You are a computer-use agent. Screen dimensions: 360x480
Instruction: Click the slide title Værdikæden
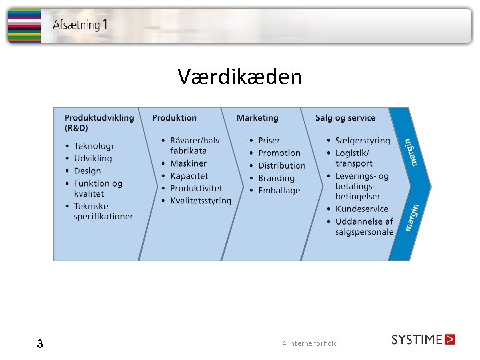pyautogui.click(x=239, y=77)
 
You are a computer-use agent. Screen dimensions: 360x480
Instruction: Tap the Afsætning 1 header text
pyautogui.click(x=80, y=26)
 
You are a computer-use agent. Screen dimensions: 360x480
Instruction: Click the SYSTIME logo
pyautogui.click(x=423, y=339)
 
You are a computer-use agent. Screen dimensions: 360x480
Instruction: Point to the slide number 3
pyautogui.click(x=40, y=344)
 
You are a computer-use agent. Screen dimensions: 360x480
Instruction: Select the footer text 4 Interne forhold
pyautogui.click(x=310, y=343)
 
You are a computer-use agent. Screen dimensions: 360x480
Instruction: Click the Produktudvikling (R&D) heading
pyautogui.click(x=99, y=123)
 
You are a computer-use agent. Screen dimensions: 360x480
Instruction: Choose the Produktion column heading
pyautogui.click(x=174, y=118)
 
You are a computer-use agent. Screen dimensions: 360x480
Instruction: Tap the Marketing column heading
pyautogui.click(x=257, y=118)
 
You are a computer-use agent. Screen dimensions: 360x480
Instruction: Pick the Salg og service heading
pyautogui.click(x=345, y=118)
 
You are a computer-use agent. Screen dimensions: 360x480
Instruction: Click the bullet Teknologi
pyautogui.click(x=93, y=146)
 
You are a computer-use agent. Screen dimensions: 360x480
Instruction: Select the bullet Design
pyautogui.click(x=87, y=171)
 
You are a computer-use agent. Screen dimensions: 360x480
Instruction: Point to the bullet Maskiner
pyautogui.click(x=188, y=163)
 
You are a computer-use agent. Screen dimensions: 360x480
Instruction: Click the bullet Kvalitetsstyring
pyautogui.click(x=201, y=201)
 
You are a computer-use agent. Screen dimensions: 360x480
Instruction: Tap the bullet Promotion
pyautogui.click(x=279, y=153)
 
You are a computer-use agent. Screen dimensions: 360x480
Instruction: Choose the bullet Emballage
pyautogui.click(x=279, y=191)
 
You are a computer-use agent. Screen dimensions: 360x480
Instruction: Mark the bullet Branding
pyautogui.click(x=276, y=178)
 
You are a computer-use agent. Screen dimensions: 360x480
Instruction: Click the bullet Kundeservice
pyautogui.click(x=361, y=209)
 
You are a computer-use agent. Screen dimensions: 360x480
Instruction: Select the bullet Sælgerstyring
pyautogui.click(x=363, y=141)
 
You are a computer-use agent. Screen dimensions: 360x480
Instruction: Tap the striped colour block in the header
pyautogui.click(x=23, y=26)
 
